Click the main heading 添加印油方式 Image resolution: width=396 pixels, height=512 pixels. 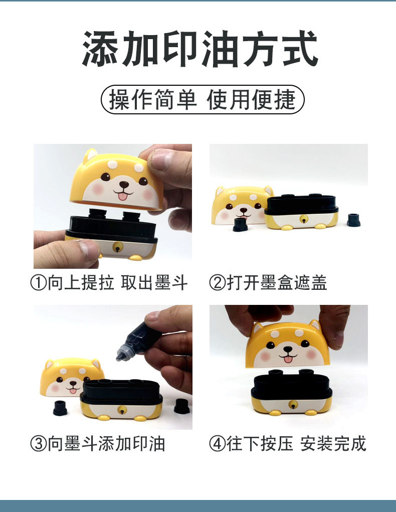[200, 49]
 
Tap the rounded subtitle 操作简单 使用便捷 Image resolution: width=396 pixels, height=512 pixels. [203, 99]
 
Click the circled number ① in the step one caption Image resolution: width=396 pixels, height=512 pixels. [39, 283]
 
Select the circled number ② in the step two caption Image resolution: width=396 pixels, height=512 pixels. [217, 283]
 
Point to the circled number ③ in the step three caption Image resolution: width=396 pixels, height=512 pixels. [39, 444]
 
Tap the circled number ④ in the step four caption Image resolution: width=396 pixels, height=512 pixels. [217, 444]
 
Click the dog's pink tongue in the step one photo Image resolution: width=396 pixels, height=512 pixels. [123, 196]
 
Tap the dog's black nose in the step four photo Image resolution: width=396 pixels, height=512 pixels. [288, 350]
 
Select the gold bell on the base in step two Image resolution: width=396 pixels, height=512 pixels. [304, 220]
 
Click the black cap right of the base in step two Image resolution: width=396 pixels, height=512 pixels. [353, 220]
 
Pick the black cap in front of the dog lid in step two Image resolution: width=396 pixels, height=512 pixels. [240, 225]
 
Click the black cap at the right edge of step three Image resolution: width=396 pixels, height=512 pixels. [182, 406]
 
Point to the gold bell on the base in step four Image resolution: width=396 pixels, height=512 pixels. [293, 405]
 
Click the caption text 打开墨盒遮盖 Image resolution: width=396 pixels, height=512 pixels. [277, 283]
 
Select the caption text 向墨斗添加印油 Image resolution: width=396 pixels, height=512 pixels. [106, 444]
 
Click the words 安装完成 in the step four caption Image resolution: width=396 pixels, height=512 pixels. [333, 444]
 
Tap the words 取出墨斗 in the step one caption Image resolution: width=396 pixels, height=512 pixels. [154, 283]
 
